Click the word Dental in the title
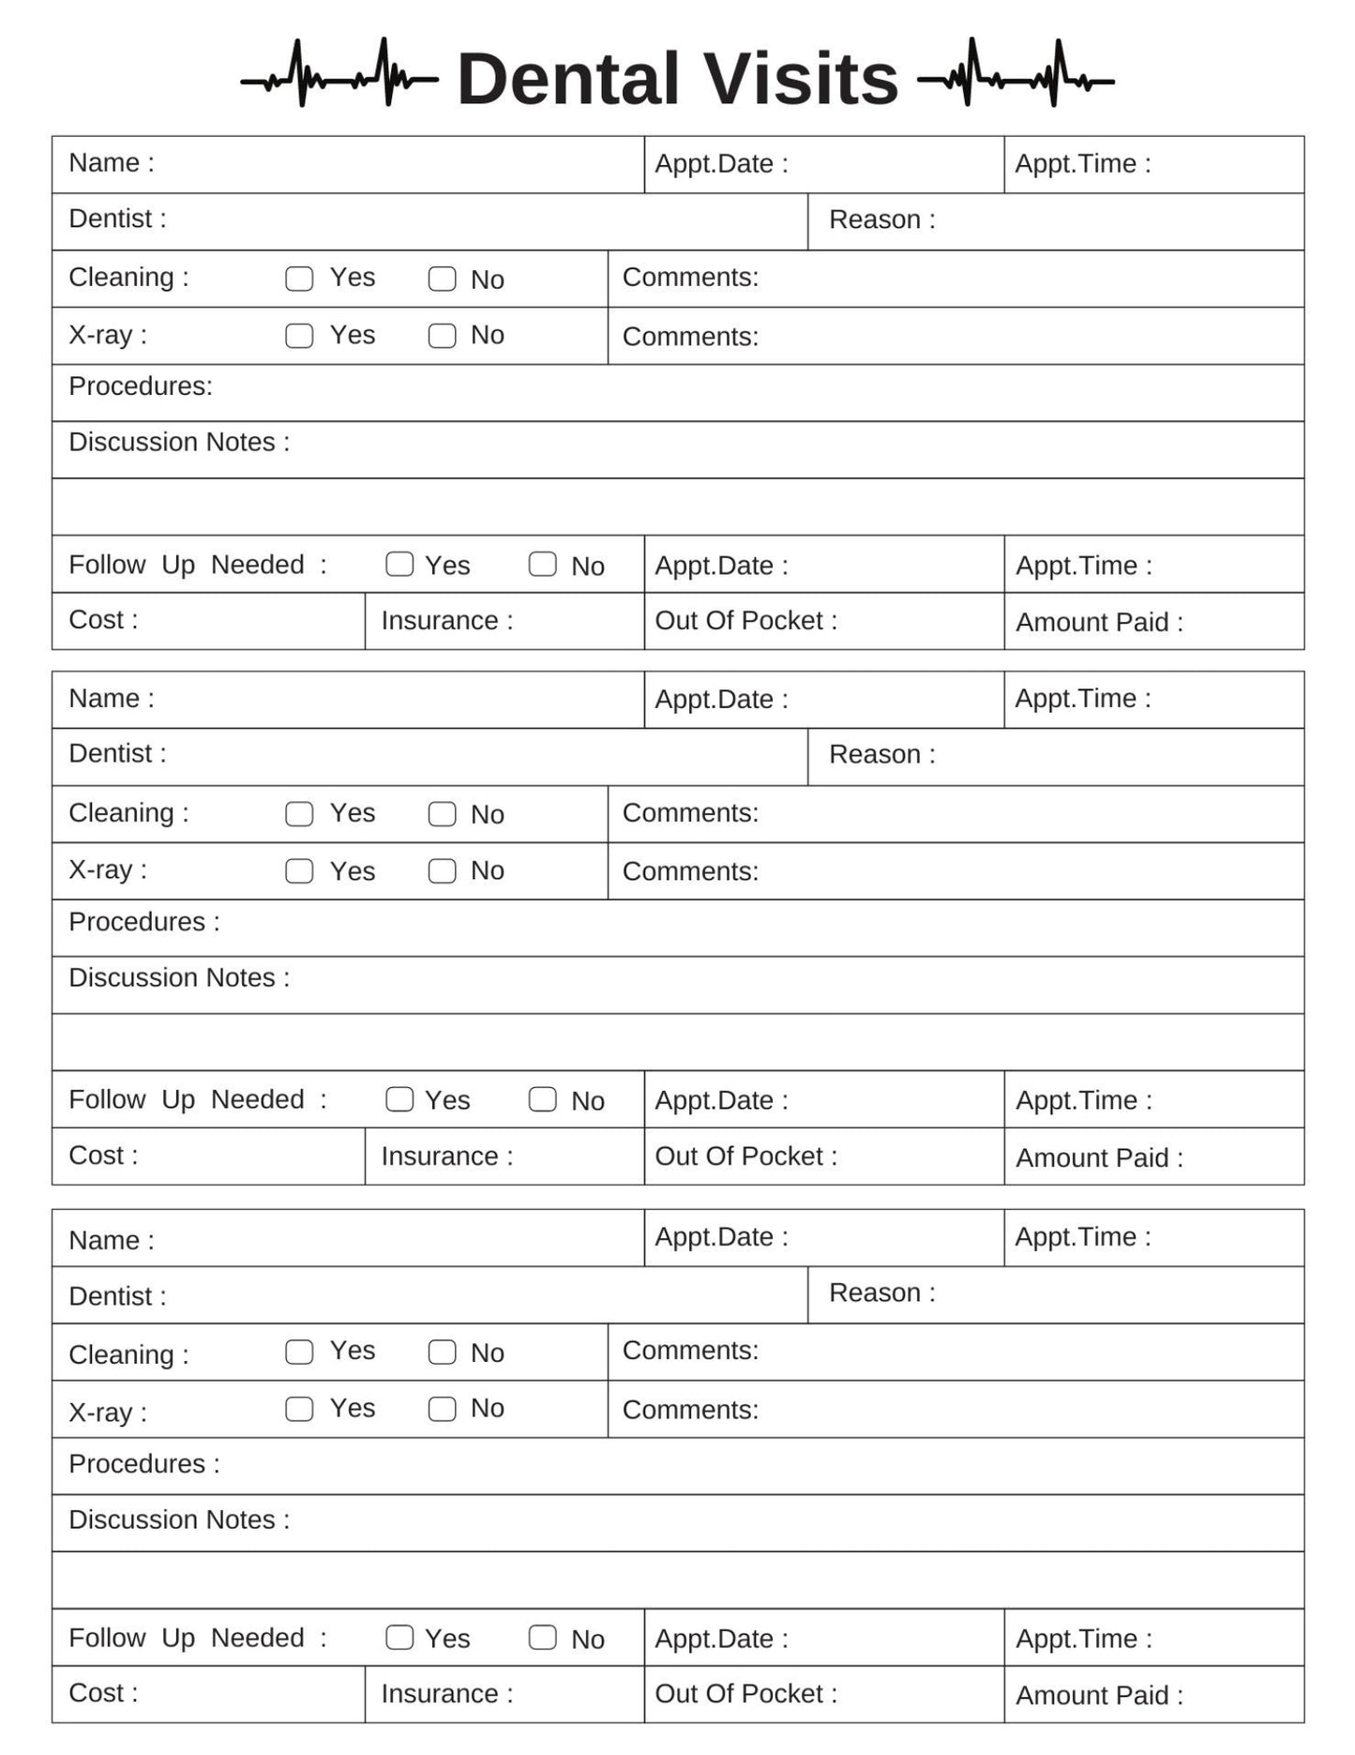point(567,79)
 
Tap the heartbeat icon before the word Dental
point(339,73)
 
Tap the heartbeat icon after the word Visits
point(1016,73)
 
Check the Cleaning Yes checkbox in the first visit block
point(299,279)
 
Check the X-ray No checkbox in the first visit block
point(442,336)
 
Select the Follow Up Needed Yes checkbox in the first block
point(399,564)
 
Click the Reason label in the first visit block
point(881,219)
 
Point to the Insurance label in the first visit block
point(446,621)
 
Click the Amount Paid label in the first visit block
point(1099,622)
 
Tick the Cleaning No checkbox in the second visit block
point(442,814)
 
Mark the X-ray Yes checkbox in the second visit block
point(299,871)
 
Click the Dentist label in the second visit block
point(117,753)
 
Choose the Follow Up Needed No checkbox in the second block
point(542,1099)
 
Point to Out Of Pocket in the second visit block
point(745,1157)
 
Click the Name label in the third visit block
point(111,1240)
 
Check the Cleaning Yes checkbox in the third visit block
point(299,1352)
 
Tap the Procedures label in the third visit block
point(143,1463)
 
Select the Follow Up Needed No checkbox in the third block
point(542,1637)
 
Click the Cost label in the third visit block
point(102,1693)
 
